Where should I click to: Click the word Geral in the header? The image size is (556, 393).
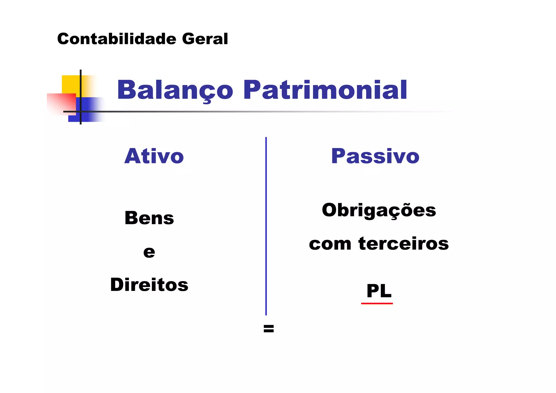(x=205, y=39)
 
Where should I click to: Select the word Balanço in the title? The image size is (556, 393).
(x=175, y=90)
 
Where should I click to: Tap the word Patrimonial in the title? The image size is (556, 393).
(x=325, y=90)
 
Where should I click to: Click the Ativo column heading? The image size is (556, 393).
(x=154, y=156)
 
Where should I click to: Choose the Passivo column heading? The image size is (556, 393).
(x=375, y=156)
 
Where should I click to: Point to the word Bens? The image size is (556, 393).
(x=149, y=218)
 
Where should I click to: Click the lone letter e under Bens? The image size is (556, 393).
(x=149, y=252)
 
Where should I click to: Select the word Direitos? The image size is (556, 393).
(x=149, y=285)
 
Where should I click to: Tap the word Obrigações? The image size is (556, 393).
(x=379, y=210)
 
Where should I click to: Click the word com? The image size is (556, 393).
(x=330, y=244)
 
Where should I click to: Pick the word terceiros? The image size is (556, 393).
(x=403, y=244)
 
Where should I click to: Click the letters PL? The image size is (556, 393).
(x=379, y=291)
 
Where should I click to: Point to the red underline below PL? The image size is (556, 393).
(x=377, y=303)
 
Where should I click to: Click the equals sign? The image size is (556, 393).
(x=268, y=329)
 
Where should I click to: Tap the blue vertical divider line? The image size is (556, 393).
(x=266, y=225)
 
